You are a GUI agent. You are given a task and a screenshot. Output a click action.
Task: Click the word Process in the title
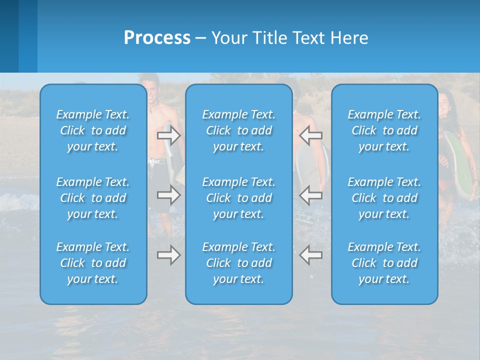point(157,38)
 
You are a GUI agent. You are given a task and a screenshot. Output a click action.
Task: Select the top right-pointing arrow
point(169,135)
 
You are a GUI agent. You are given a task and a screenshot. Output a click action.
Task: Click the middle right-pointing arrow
point(169,195)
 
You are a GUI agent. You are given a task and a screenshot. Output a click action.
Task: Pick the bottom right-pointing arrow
point(169,255)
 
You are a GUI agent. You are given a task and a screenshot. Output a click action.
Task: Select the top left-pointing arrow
point(310,135)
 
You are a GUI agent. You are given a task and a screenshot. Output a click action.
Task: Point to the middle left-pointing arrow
point(310,195)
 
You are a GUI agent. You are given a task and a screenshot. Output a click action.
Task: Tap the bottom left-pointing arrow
point(310,255)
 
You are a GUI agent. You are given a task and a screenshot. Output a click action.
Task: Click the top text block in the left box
point(93,130)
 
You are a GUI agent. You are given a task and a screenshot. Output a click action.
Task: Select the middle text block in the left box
point(93,198)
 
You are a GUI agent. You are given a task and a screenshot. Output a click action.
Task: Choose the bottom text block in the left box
point(93,263)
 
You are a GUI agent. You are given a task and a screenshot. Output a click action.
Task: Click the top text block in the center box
point(239,130)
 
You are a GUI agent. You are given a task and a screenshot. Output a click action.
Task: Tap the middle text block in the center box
point(239,198)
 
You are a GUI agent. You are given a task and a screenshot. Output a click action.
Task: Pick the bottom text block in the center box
point(239,263)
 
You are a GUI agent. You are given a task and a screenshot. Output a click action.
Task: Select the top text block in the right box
point(384,130)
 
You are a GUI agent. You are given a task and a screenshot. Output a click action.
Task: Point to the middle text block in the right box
point(384,198)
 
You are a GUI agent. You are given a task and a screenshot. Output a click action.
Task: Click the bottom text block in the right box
point(384,263)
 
